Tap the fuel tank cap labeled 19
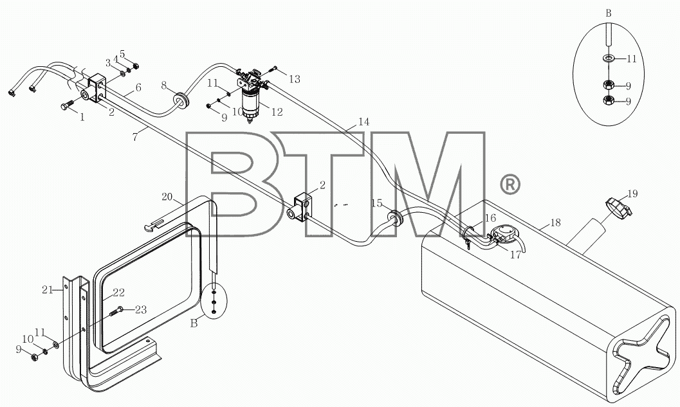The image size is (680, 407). (618, 206)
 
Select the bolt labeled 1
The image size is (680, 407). (69, 104)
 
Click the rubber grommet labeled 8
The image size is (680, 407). (181, 100)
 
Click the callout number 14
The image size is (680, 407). (364, 122)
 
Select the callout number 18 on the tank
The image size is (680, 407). (556, 222)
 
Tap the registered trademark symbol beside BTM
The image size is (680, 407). (510, 184)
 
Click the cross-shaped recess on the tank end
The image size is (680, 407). (641, 354)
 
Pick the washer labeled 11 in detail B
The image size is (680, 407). (608, 58)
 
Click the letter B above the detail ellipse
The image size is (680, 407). (609, 14)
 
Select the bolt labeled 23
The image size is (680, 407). (116, 311)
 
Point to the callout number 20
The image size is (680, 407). (167, 197)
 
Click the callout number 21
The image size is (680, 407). (47, 289)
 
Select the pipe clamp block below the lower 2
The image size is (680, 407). (300, 208)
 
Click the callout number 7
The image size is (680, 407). (135, 137)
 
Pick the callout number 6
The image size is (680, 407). (138, 87)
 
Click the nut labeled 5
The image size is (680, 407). (136, 66)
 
